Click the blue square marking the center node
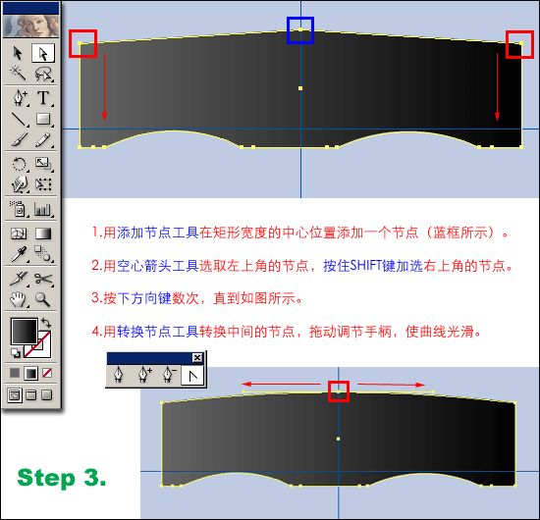pyautogui.click(x=300, y=19)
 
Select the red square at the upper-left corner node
pyautogui.click(x=82, y=31)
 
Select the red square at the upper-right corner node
pyautogui.click(x=519, y=32)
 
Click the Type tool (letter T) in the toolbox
pyautogui.click(x=43, y=97)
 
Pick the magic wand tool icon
pyautogui.click(x=18, y=73)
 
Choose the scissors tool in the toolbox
pyautogui.click(x=43, y=279)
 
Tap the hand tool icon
pyautogui.click(x=18, y=300)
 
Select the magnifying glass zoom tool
pyautogui.click(x=42, y=299)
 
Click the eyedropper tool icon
pyautogui.click(x=19, y=254)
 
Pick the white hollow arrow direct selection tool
pyautogui.click(x=43, y=53)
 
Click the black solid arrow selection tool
pyautogui.click(x=18, y=53)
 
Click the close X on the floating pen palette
pyautogui.click(x=197, y=357)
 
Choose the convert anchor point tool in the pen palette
pyautogui.click(x=192, y=375)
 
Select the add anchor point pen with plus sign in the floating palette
pyautogui.click(x=144, y=375)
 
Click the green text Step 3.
pyautogui.click(x=62, y=478)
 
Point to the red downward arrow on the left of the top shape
pyautogui.click(x=104, y=87)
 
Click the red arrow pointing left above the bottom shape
pyautogui.click(x=281, y=384)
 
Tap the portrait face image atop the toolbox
pyautogui.click(x=31, y=26)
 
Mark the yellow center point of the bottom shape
pyautogui.click(x=338, y=439)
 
